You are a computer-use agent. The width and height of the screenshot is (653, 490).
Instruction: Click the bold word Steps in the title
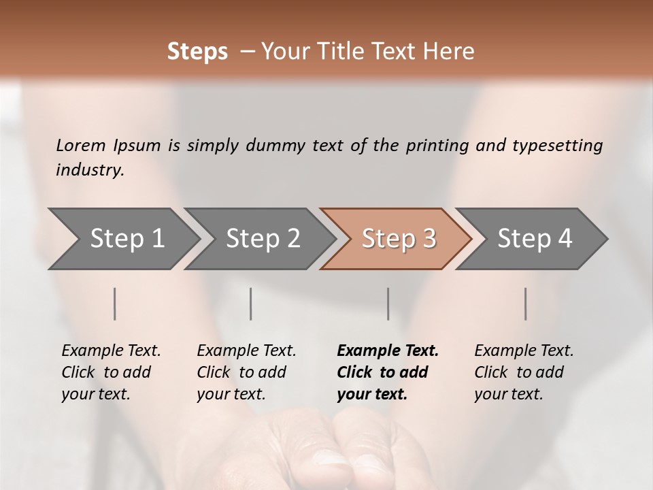197,52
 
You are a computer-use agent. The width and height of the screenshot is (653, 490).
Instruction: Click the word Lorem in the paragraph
80,145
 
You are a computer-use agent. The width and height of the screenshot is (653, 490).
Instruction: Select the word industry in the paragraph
89,169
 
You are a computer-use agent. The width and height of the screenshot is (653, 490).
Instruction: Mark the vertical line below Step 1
115,304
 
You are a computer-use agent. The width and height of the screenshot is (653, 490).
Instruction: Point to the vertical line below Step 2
251,304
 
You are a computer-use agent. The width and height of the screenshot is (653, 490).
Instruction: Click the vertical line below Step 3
388,304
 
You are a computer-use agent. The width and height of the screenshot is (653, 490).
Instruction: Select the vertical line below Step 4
526,304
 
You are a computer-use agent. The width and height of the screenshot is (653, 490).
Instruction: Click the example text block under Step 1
111,372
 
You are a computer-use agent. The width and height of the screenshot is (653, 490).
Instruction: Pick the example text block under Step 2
246,372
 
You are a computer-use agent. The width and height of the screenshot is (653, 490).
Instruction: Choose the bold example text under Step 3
388,372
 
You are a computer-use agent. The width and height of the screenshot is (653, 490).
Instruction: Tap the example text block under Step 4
524,372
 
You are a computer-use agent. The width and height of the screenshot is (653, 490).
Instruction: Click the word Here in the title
451,52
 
